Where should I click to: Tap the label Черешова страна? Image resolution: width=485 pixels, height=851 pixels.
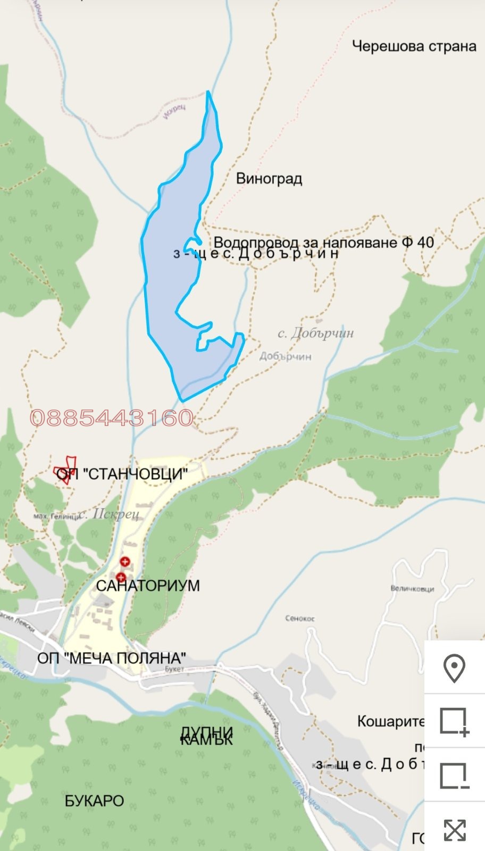(414, 46)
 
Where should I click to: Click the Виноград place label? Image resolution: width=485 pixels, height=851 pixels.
(269, 178)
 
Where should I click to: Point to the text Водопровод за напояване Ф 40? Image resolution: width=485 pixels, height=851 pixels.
(323, 243)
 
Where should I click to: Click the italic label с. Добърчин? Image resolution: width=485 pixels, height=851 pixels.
(315, 333)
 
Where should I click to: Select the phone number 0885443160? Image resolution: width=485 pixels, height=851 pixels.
(112, 418)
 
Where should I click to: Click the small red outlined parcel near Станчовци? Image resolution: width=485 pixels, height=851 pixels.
(66, 470)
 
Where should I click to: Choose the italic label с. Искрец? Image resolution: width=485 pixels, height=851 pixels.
(108, 514)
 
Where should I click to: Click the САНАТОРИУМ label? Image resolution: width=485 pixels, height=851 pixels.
(148, 586)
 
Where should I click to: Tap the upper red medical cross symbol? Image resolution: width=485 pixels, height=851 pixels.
(125, 562)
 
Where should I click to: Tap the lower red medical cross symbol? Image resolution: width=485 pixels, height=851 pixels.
(121, 578)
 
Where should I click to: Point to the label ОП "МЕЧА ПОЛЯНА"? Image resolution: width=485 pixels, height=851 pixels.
(112, 658)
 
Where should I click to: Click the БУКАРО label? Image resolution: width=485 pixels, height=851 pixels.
(94, 800)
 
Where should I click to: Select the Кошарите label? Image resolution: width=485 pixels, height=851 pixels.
(390, 721)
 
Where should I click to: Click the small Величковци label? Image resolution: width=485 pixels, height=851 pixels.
(412, 589)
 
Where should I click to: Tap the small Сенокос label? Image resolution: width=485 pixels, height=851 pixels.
(300, 619)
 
